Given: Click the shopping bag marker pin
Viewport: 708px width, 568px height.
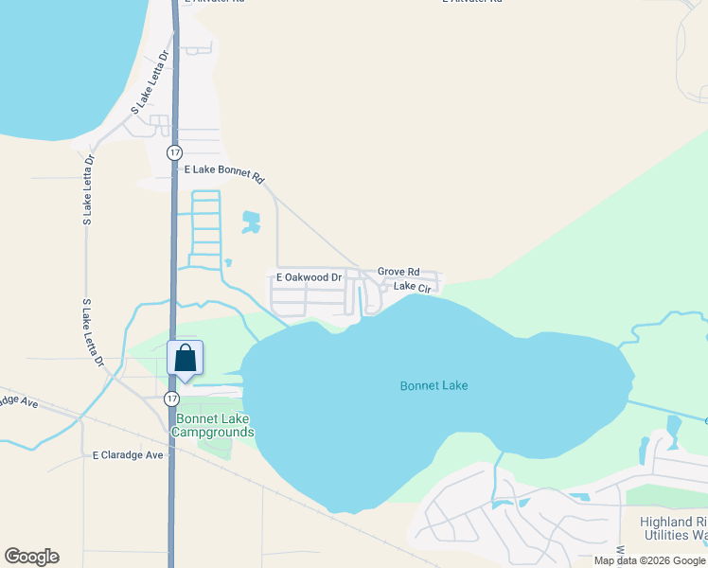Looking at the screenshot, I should [185, 360].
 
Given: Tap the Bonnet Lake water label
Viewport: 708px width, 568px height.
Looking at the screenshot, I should [434, 385].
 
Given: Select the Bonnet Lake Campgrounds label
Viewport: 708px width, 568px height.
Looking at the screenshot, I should [213, 426].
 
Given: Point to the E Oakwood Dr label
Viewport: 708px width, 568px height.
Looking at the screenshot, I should [309, 277].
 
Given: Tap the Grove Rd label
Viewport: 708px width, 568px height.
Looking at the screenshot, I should [398, 272].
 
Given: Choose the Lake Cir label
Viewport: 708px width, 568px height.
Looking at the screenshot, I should [412, 286].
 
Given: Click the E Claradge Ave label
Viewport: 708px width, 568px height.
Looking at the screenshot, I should [128, 455].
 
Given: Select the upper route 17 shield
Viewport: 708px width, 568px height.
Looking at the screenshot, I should [173, 152].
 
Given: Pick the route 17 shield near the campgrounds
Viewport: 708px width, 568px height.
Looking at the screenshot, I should [170, 397].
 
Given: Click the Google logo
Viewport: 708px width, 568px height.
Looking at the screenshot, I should [31, 557].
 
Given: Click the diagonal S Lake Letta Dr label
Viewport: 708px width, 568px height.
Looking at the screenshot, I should [150, 82].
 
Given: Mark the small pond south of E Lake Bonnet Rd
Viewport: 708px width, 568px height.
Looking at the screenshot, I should [251, 222].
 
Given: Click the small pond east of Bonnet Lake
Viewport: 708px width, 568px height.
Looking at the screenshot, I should [673, 427].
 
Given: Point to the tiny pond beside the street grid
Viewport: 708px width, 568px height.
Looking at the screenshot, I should [228, 262].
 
